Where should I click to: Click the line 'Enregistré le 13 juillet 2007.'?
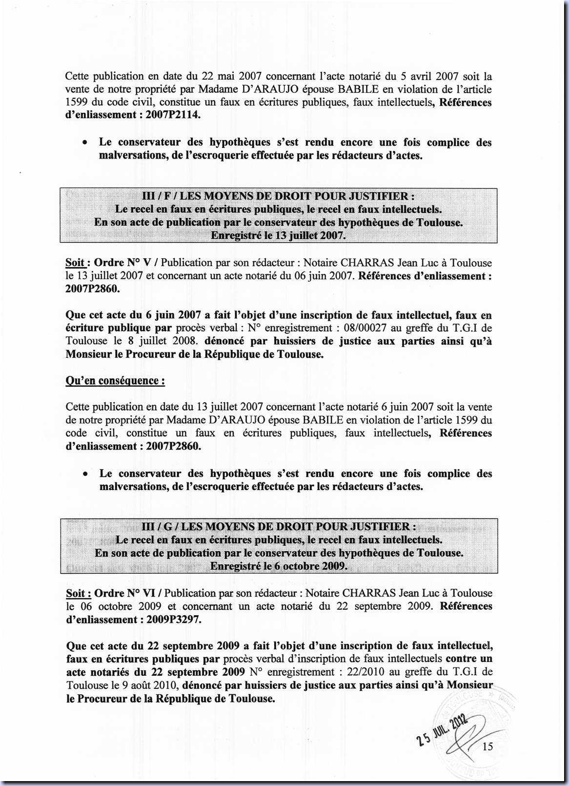(278, 236)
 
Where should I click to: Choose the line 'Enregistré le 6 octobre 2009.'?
(279, 566)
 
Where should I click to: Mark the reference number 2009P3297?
(174, 620)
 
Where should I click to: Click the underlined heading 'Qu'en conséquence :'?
(115, 381)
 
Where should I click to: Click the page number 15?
(488, 746)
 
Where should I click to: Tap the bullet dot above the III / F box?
(85, 143)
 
